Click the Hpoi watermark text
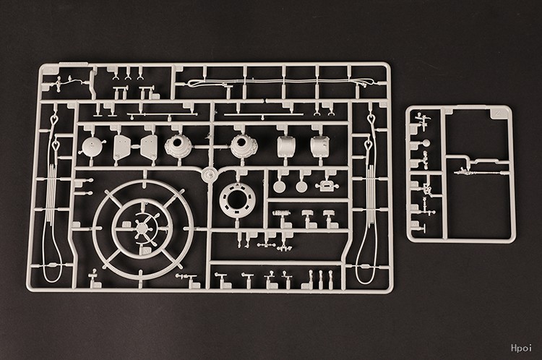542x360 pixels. click(521, 348)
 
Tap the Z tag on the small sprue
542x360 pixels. click(497, 113)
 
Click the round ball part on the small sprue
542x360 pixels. click(426, 143)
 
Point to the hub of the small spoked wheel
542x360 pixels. click(142, 228)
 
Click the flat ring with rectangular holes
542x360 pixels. click(237, 200)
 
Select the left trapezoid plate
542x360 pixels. click(122, 146)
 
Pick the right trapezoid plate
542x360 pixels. click(149, 147)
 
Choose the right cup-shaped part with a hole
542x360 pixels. click(244, 145)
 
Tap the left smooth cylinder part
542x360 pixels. click(286, 145)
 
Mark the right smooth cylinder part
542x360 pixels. click(319, 145)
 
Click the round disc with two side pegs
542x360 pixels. click(92, 147)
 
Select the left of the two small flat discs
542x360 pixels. click(279, 187)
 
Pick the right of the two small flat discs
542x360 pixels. click(301, 187)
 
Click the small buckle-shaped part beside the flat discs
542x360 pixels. click(327, 186)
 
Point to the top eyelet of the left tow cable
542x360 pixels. click(53, 120)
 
